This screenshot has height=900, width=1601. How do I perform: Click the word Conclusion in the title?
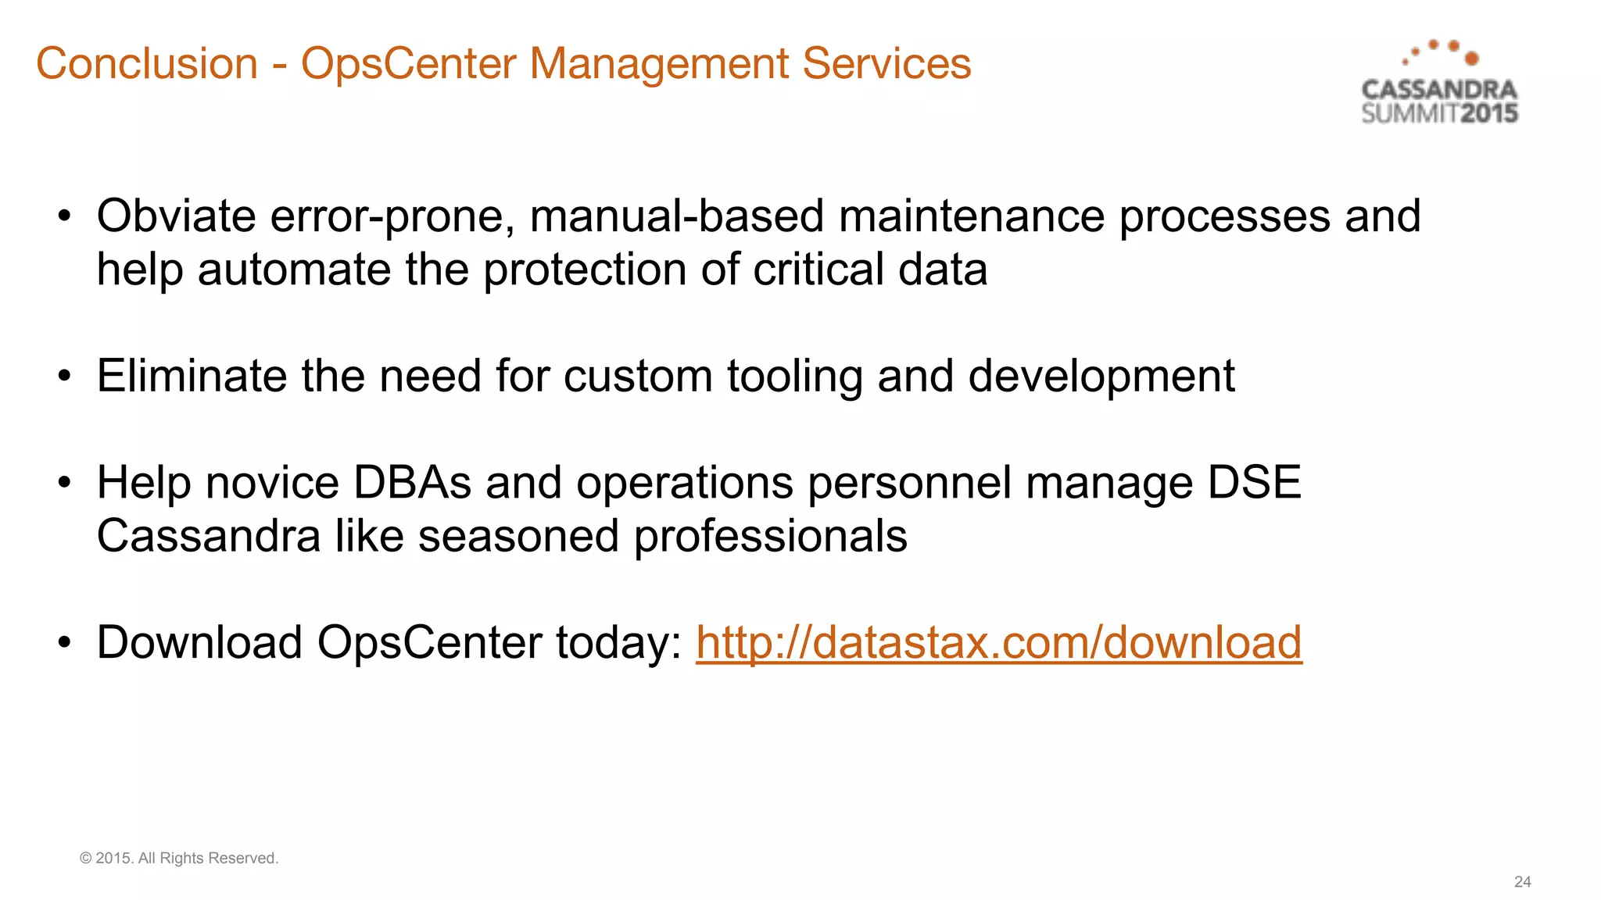click(147, 63)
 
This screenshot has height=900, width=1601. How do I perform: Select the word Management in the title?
click(659, 63)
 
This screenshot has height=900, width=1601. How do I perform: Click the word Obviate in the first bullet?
click(176, 216)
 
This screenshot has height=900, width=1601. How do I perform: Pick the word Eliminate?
click(192, 376)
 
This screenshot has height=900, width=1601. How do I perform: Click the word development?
click(1101, 377)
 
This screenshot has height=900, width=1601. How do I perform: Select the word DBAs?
click(412, 482)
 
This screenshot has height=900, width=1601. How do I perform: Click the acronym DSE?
click(1254, 482)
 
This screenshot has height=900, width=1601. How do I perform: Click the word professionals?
click(770, 537)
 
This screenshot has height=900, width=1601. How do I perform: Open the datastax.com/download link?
click(998, 643)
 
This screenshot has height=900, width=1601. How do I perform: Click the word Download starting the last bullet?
click(199, 643)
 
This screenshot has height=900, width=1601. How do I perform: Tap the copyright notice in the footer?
click(179, 858)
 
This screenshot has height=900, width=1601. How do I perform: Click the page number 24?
click(1522, 882)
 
